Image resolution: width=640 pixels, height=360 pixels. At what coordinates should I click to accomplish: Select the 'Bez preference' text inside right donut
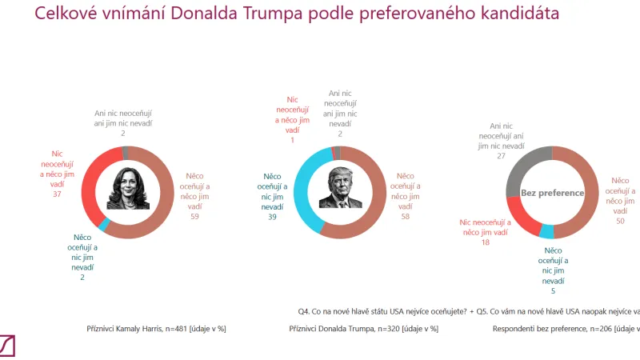553,193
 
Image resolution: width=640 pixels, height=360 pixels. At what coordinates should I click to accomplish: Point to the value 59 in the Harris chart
194,216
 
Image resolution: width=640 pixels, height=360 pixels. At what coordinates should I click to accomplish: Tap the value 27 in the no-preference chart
501,157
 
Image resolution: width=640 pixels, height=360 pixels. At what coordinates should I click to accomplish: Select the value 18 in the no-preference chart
484,242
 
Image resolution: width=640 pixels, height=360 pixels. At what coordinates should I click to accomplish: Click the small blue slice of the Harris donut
103,228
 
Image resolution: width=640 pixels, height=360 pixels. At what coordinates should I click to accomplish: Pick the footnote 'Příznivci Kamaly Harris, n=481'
155,329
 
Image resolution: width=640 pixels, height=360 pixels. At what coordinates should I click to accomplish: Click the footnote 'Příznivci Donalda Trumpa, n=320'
363,329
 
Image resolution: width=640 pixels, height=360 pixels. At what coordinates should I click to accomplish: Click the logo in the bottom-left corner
7,346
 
